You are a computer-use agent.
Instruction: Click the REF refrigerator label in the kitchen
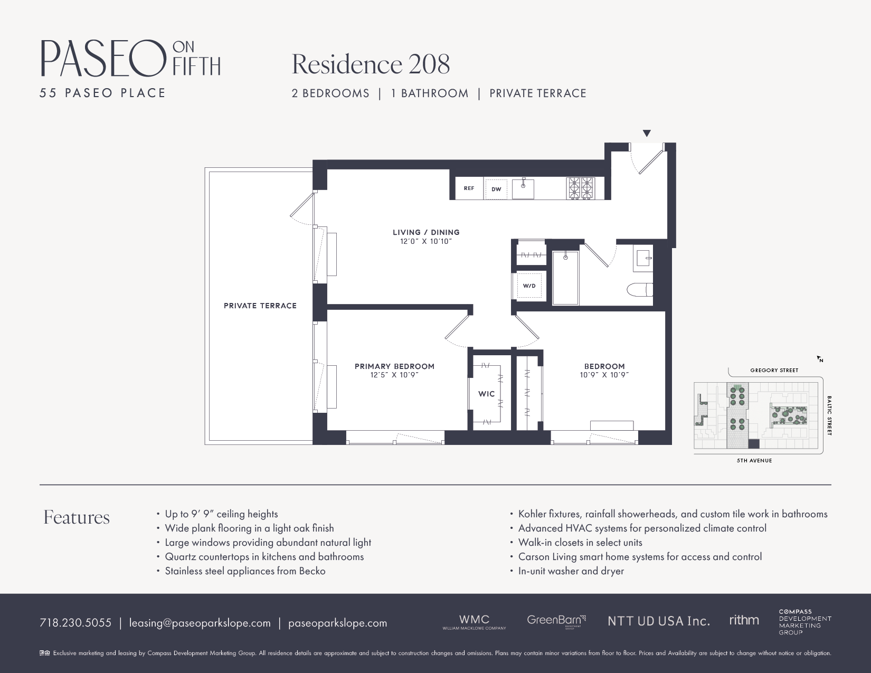coord(469,188)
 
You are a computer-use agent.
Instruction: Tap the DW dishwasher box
coord(496,189)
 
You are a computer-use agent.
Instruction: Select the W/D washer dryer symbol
coord(529,286)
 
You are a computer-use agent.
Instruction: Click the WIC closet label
coord(486,394)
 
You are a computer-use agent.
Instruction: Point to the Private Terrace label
coord(260,306)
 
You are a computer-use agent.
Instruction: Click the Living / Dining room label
coord(426,232)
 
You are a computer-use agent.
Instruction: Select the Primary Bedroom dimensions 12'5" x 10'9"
coord(394,375)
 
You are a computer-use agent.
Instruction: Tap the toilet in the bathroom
coord(639,290)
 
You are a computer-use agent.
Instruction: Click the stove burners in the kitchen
coord(581,188)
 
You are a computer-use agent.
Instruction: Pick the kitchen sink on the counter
coord(523,188)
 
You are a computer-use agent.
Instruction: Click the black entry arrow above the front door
coord(647,134)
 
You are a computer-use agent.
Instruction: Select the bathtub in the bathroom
coord(565,278)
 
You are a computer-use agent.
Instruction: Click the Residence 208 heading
coord(371,64)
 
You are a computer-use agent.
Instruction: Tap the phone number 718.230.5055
coord(75,623)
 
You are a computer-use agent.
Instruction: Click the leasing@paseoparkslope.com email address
coord(200,623)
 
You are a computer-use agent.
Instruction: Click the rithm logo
coord(744,620)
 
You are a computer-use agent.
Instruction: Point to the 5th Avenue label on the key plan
coord(754,461)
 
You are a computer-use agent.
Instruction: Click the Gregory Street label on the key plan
coord(774,371)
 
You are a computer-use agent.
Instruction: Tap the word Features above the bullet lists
coord(77,517)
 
